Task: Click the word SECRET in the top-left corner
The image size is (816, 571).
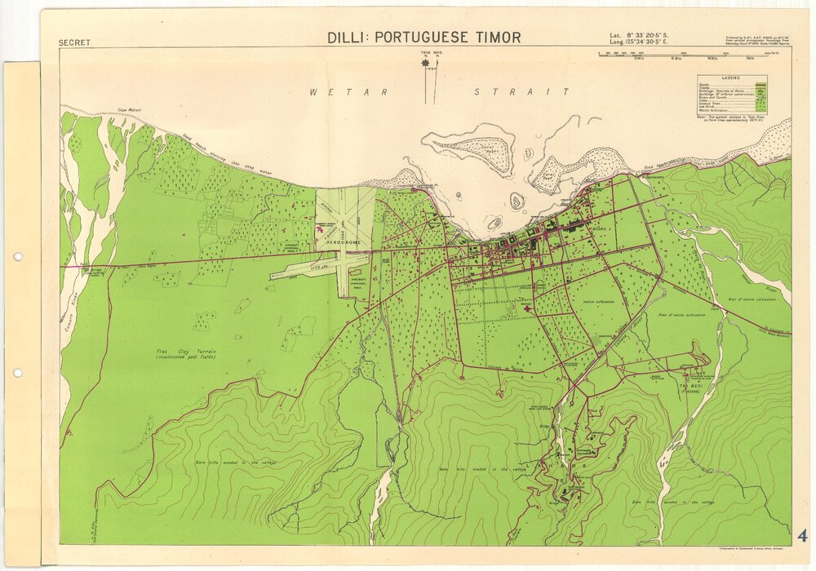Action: coord(75,42)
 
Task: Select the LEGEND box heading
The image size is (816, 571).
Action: coord(731,78)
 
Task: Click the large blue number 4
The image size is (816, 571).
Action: coord(802,536)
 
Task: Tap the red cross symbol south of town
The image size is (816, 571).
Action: coord(527,309)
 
